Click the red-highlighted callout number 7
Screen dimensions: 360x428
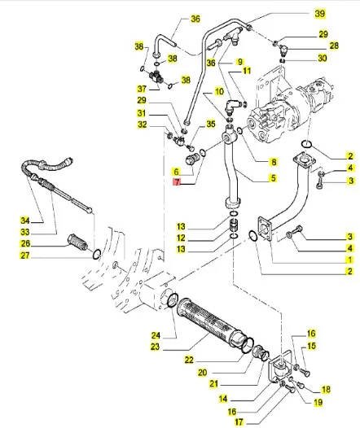[178, 181]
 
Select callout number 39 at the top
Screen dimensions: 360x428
[320, 13]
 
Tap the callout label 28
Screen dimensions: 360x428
[334, 46]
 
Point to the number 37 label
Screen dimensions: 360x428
[142, 89]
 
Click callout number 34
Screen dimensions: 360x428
[25, 221]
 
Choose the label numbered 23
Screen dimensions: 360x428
[155, 347]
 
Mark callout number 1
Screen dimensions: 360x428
[349, 260]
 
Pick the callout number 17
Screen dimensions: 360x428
[239, 422]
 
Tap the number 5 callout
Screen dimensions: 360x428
[273, 178]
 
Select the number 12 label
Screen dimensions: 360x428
[181, 238]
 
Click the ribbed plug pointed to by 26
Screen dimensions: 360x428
[77, 242]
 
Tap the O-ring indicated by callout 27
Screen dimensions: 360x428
[97, 254]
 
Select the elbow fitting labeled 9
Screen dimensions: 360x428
[231, 107]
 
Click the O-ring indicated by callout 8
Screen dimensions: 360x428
[240, 131]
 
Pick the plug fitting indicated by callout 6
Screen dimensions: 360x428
[193, 159]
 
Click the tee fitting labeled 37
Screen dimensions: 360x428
[156, 76]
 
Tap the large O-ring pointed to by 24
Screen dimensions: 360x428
[173, 300]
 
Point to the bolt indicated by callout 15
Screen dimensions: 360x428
[305, 372]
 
